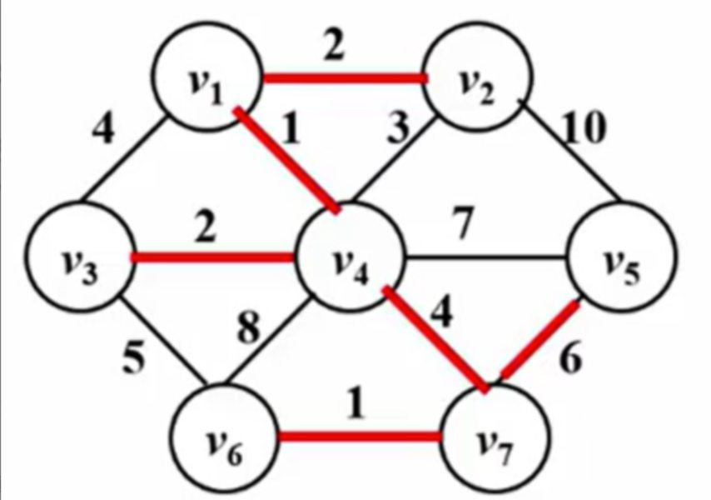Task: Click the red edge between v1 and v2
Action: [345, 78]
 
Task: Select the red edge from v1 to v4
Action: [286, 160]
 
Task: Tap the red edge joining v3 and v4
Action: [213, 257]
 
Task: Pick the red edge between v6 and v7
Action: [359, 437]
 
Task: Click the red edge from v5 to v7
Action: [539, 340]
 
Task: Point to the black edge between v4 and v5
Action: [486, 258]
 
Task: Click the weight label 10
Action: [584, 127]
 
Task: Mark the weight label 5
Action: [135, 357]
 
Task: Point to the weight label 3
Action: [398, 127]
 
